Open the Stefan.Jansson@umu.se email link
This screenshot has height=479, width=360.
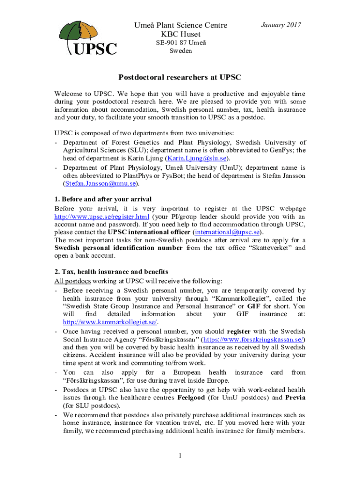pyautogui.click(x=98, y=183)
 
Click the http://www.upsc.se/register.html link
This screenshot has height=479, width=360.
pyautogui.click(x=102, y=217)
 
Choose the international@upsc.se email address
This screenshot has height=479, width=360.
pyautogui.click(x=227, y=232)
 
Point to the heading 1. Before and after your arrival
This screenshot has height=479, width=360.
pyautogui.click(x=103, y=199)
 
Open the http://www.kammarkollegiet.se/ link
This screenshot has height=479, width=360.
pyautogui.click(x=110, y=322)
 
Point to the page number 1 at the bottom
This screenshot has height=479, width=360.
pyautogui.click(x=180, y=456)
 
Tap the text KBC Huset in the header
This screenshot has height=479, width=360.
pyautogui.click(x=180, y=34)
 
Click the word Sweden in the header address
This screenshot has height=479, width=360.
pyautogui.click(x=180, y=51)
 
